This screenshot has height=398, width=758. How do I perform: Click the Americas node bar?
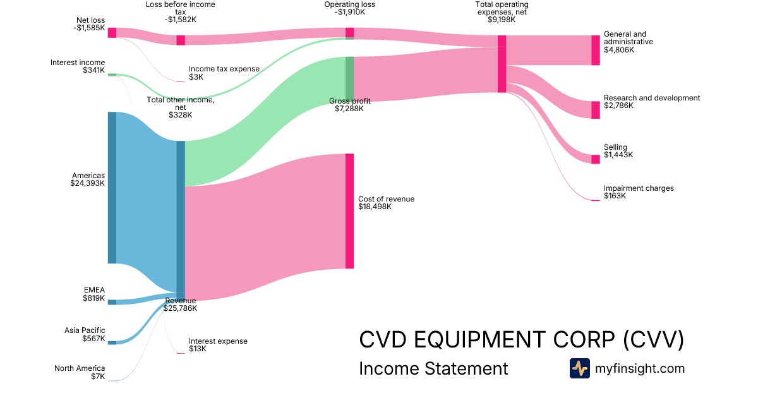112,188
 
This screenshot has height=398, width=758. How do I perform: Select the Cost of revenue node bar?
349,211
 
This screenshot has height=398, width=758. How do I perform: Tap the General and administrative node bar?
595,51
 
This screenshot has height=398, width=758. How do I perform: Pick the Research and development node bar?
595,110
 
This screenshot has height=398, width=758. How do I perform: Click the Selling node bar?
595,159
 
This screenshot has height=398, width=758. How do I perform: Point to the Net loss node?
112,33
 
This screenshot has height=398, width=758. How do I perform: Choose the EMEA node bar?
112,302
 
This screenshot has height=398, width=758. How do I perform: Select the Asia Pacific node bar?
112,342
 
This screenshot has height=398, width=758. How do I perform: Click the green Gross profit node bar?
349,78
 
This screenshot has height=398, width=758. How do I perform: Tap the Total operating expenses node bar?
502,64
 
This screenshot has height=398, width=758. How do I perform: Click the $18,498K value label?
375,207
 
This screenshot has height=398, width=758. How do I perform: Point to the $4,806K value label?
618,49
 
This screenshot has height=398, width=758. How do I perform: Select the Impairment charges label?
639,188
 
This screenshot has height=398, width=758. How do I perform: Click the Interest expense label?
218,341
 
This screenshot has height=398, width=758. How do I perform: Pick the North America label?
80,368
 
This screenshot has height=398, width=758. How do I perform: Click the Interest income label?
78,63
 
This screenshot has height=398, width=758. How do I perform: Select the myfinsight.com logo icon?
579,368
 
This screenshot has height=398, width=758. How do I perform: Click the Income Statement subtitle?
433,368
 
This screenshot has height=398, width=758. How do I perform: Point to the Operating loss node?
349,33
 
